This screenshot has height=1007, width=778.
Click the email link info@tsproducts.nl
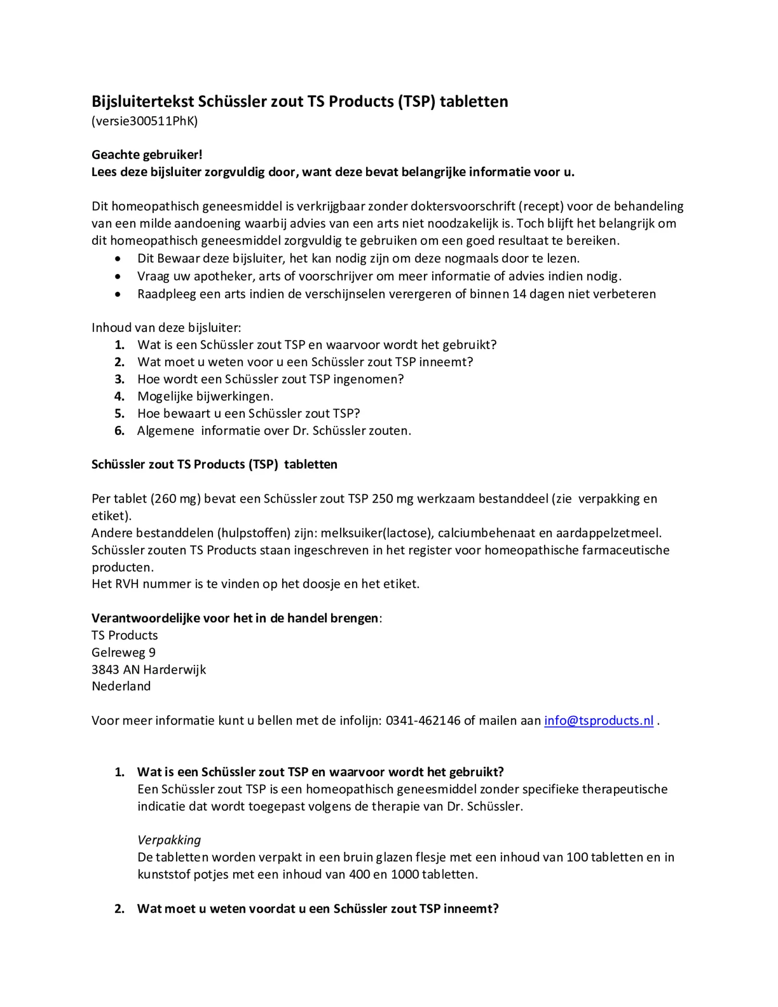click(598, 720)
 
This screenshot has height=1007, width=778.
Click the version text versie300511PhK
click(145, 121)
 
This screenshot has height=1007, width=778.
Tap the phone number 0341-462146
click(423, 720)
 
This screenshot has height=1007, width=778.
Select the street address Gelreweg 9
click(123, 652)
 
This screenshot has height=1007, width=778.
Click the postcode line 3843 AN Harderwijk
click(148, 669)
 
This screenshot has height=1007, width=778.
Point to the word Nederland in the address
click(121, 686)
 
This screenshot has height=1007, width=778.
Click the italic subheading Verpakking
click(169, 840)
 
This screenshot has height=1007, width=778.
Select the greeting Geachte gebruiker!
click(147, 155)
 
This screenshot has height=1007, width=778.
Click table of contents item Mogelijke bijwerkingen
click(205, 396)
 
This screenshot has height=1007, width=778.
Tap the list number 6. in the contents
click(120, 431)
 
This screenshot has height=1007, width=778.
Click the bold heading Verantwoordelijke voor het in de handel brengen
click(235, 618)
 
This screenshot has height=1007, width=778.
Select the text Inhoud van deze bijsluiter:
click(166, 328)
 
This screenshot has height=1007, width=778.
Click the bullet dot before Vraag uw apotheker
click(119, 276)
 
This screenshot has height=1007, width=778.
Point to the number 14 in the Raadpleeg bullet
click(519, 294)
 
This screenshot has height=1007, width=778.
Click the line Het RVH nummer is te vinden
click(255, 584)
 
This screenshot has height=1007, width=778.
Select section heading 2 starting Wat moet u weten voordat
click(318, 909)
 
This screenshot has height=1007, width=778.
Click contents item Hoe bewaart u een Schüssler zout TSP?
click(248, 414)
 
